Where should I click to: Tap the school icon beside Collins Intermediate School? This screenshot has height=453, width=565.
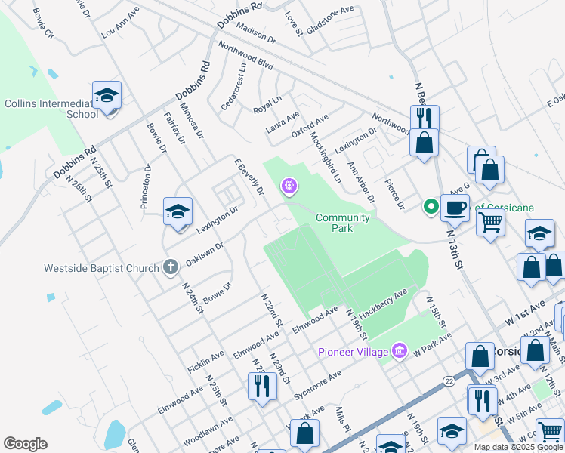107,97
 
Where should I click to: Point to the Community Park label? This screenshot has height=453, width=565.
343,223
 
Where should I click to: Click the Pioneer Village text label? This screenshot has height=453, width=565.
353,351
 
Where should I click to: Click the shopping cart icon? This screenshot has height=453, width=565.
491,223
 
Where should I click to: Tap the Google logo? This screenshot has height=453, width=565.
25,444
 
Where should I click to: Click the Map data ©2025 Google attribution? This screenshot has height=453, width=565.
517,447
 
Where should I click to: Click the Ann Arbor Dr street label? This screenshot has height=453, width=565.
361,182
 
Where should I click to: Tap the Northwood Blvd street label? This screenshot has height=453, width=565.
245,55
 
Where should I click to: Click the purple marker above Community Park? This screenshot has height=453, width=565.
288,185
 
